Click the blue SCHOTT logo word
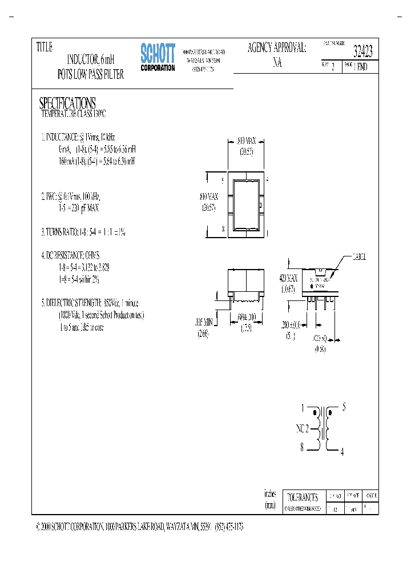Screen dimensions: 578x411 [158, 54]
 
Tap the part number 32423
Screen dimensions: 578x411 [363, 52]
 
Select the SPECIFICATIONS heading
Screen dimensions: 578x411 [67, 103]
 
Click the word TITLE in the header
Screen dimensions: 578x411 [45, 47]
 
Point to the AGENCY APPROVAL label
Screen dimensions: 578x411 [277, 49]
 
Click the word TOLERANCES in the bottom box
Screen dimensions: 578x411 [303, 497]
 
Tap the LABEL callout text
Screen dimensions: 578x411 [360, 257]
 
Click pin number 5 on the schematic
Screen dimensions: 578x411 [344, 407]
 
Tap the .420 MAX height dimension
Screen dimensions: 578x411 [289, 278]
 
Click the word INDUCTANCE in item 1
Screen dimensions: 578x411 [63, 138]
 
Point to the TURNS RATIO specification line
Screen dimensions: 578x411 [83, 232]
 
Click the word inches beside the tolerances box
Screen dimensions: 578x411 [270, 494]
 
